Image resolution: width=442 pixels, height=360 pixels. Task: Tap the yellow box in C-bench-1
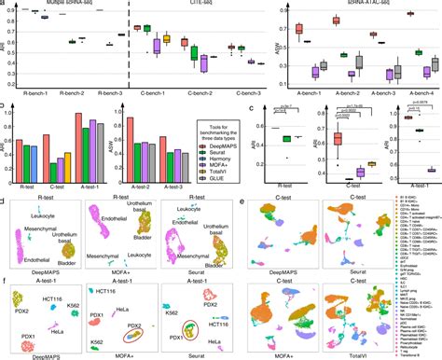(x=166, y=39)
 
